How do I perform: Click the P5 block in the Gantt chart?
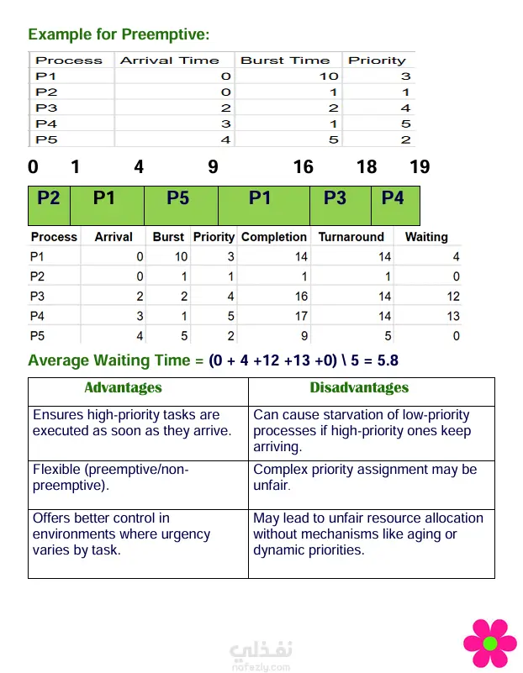click(178, 198)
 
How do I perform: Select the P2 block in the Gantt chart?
click(49, 198)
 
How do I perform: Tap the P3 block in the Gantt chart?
click(335, 198)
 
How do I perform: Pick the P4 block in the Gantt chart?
click(393, 198)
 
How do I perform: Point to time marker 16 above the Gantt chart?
click(304, 166)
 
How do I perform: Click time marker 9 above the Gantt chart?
click(213, 166)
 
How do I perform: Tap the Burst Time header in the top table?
click(285, 60)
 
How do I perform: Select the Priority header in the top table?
click(377, 60)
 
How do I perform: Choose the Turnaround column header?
click(351, 237)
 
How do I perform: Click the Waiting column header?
click(426, 237)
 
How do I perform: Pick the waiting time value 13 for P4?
click(452, 316)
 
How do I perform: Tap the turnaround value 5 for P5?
click(388, 336)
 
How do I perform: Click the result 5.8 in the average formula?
click(387, 360)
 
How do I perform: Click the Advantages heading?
click(123, 387)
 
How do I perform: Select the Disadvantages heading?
click(359, 387)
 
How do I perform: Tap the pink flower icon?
click(489, 644)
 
